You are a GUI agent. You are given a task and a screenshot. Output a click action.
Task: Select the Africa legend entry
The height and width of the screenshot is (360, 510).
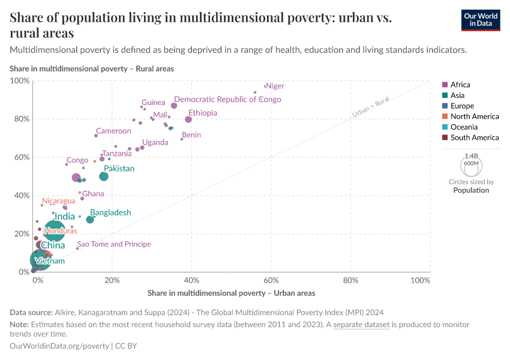(460, 85)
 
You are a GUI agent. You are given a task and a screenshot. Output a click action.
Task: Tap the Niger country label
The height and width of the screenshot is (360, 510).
(275, 86)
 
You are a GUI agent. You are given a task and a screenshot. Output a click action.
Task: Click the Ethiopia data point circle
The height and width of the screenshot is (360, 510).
(188, 119)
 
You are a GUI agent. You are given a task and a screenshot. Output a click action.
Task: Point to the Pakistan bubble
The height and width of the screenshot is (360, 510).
(104, 176)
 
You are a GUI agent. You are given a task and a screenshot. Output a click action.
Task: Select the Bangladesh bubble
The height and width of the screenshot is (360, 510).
(90, 220)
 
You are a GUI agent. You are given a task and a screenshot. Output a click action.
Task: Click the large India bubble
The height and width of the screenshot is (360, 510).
(55, 230)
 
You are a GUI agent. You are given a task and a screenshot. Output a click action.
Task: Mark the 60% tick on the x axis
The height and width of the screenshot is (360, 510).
(271, 280)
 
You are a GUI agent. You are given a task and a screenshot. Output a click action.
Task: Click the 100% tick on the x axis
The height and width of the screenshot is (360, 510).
(421, 280)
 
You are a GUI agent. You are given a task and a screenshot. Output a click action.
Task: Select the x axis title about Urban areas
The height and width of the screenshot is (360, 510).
(231, 293)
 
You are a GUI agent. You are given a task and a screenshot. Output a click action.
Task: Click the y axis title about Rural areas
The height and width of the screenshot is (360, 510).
(92, 69)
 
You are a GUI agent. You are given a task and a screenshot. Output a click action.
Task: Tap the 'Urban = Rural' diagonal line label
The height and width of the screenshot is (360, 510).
(371, 106)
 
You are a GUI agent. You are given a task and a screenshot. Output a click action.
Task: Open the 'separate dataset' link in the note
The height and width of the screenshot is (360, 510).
(361, 325)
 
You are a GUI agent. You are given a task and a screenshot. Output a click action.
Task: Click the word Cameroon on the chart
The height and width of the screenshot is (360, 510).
(113, 131)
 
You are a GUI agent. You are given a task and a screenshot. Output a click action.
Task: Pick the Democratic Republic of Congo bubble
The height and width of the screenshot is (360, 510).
(174, 106)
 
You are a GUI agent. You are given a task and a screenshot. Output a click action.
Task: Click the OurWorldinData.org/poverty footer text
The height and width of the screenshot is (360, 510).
(59, 346)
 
